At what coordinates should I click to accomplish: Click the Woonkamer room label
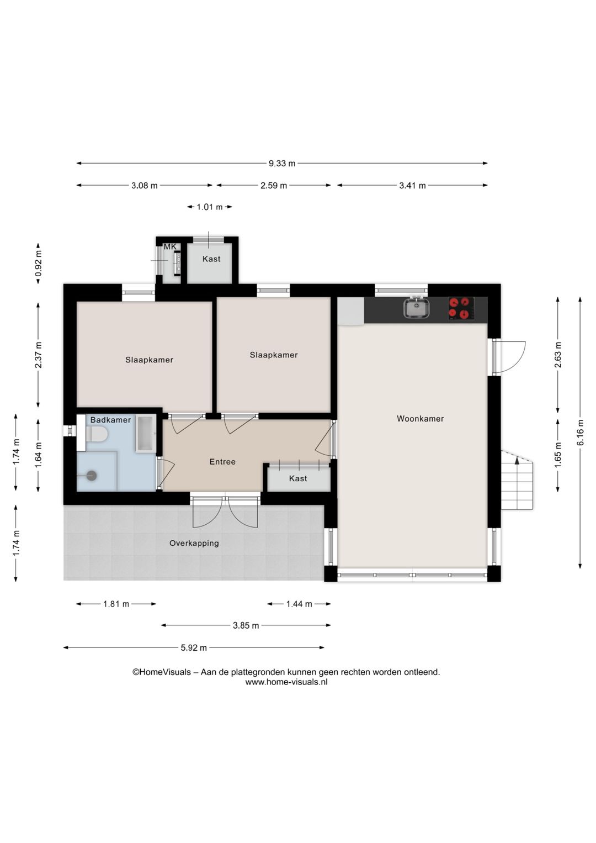point(420,419)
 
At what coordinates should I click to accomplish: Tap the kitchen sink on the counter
point(417,308)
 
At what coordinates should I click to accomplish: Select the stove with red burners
point(461,308)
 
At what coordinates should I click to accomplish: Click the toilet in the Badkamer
point(97,434)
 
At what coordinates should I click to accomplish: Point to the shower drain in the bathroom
point(92,476)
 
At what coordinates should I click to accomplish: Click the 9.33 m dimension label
point(282,164)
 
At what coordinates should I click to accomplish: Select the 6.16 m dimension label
point(580,438)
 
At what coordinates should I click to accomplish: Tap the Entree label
point(222,462)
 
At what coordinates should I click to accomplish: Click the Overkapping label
point(194,543)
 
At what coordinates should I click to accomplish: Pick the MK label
point(170,247)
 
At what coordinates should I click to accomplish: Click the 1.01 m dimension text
point(210,207)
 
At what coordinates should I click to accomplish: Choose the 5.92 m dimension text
point(194,647)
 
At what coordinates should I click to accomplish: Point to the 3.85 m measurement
point(246,625)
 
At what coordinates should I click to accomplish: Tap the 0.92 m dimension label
point(39,264)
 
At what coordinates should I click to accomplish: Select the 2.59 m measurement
point(274,186)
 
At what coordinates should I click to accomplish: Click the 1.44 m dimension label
point(299,604)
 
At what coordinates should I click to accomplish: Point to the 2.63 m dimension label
point(557,355)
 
